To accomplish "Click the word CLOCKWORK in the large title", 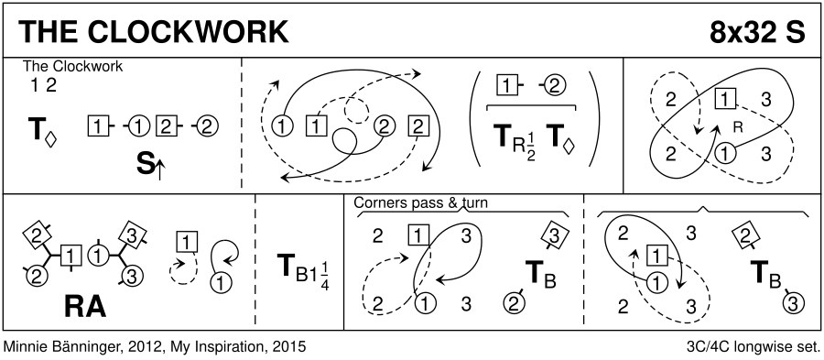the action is [x=188, y=33].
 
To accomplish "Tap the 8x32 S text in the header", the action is [x=757, y=33].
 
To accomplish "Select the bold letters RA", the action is [x=85, y=307].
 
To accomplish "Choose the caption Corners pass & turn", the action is [x=420, y=202].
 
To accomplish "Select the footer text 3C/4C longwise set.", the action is [x=754, y=347].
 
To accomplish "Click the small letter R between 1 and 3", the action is [x=737, y=126].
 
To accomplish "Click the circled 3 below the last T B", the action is [x=794, y=302].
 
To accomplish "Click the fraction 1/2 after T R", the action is [x=530, y=147].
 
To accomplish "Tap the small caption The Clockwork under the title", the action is [x=72, y=66].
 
